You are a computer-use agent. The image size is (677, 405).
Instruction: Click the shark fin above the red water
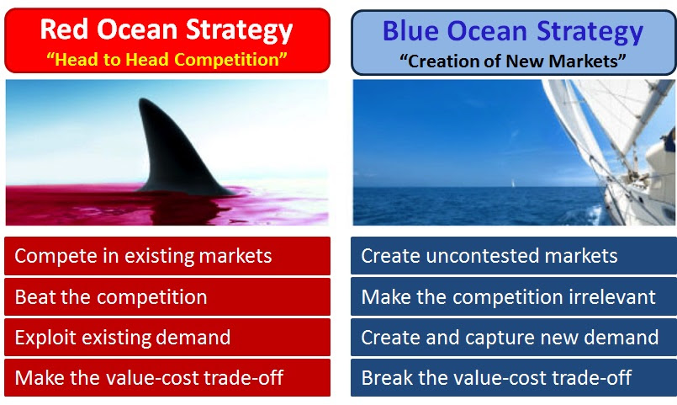(177, 152)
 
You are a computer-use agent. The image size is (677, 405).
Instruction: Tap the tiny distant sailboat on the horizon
(513, 184)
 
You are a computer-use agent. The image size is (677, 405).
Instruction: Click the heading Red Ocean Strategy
(167, 29)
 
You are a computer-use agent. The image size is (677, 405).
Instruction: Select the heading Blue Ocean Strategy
(513, 31)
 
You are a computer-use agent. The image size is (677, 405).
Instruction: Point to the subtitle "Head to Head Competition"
(167, 59)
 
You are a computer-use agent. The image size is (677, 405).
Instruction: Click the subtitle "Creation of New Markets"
(512, 61)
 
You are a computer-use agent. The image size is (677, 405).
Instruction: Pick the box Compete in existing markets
(167, 256)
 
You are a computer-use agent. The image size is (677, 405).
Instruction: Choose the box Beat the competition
(167, 297)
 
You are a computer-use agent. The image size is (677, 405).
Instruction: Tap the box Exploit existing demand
(167, 337)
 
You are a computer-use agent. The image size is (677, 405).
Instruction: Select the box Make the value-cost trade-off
(167, 378)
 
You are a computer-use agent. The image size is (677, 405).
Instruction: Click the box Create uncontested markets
(514, 256)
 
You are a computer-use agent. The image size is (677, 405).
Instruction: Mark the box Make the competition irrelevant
(514, 297)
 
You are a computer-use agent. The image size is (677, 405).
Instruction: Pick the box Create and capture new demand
(514, 337)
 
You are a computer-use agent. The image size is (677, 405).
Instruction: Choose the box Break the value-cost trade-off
(514, 378)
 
